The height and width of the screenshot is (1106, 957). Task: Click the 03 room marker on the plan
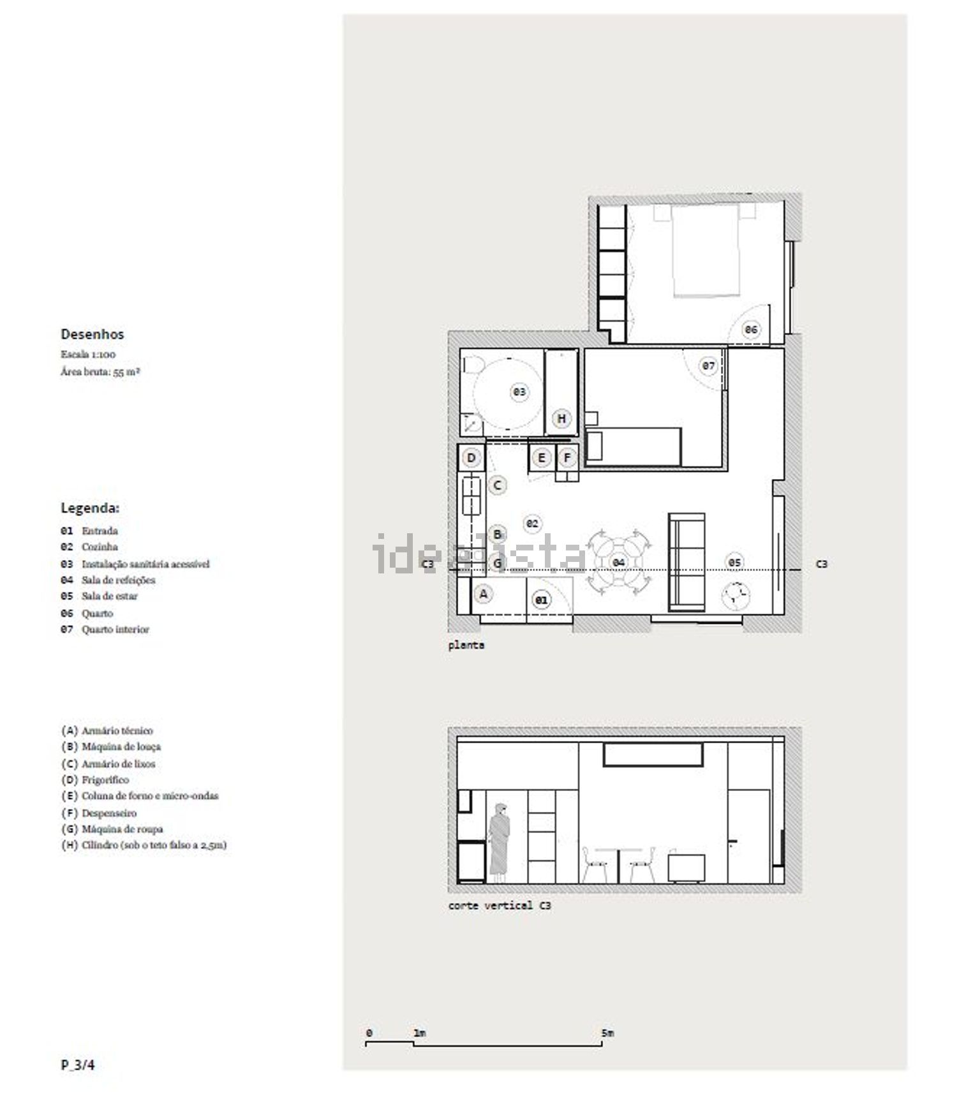[x=520, y=392]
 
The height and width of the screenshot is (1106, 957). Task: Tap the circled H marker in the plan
[x=561, y=418]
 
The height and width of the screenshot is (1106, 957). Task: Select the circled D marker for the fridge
[x=471, y=457]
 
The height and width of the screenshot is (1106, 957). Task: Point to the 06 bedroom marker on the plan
[x=751, y=330]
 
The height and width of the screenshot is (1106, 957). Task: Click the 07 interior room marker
[x=709, y=366]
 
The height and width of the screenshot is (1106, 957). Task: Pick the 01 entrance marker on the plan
[x=541, y=600]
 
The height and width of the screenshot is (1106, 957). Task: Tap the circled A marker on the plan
[x=484, y=594]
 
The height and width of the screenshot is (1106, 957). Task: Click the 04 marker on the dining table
[x=618, y=563]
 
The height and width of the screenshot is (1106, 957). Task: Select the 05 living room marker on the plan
[x=734, y=563]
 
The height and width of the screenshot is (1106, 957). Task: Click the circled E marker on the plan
[x=542, y=457]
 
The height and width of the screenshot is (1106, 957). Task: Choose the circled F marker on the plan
[x=567, y=457]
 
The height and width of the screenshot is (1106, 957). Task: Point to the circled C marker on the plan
[x=498, y=485]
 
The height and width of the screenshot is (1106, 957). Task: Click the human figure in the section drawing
[x=499, y=842]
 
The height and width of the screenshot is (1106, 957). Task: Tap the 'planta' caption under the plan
[x=466, y=645]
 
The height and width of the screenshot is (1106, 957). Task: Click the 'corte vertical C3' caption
[x=500, y=906]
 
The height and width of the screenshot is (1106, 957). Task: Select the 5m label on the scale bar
[x=607, y=1033]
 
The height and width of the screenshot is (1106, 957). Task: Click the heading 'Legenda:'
[x=90, y=508]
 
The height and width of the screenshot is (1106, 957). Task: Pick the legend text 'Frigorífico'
[x=105, y=780]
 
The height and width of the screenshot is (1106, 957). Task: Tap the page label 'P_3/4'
[x=78, y=1065]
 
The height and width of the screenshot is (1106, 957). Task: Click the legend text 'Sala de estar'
[x=110, y=596]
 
